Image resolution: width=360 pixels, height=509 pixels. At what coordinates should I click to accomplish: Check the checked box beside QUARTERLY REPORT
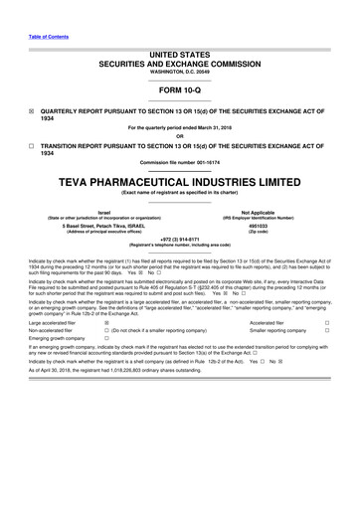pyautogui.click(x=32, y=111)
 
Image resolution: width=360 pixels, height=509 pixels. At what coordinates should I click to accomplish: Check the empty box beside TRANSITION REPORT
pyautogui.click(x=32, y=143)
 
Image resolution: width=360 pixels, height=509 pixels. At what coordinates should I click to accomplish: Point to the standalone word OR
pyautogui.click(x=180, y=134)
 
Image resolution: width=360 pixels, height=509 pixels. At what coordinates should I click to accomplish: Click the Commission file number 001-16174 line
pyautogui.click(x=180, y=163)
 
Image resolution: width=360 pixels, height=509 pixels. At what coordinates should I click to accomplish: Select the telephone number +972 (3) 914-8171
pyautogui.click(x=180, y=239)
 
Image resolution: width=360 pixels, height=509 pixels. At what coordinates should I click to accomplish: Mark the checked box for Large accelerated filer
pyautogui.click(x=106, y=322)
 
